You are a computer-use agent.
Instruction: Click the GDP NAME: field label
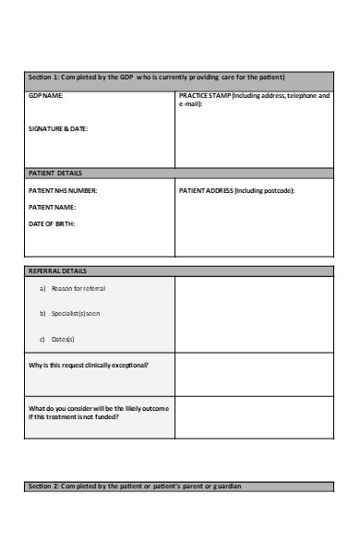click(46, 95)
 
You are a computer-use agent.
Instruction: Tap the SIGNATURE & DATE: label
click(58, 128)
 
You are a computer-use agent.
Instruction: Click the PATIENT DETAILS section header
click(55, 173)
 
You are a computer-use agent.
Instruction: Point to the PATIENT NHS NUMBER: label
click(63, 191)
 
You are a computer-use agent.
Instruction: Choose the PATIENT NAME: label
click(52, 208)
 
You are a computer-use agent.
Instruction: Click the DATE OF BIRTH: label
click(52, 223)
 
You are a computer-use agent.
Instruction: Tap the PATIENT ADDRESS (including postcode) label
click(236, 191)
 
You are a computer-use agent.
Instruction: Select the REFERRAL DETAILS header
click(58, 271)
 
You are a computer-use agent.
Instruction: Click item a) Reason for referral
click(72, 289)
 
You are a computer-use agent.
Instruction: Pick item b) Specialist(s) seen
click(70, 314)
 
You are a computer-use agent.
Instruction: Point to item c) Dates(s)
click(57, 339)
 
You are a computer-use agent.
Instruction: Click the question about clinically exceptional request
click(89, 365)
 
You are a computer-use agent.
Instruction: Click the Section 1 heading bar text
click(156, 77)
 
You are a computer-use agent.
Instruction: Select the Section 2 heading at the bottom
click(135, 486)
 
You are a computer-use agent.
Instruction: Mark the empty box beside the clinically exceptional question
click(254, 374)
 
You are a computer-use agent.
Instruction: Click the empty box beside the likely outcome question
click(254, 417)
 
